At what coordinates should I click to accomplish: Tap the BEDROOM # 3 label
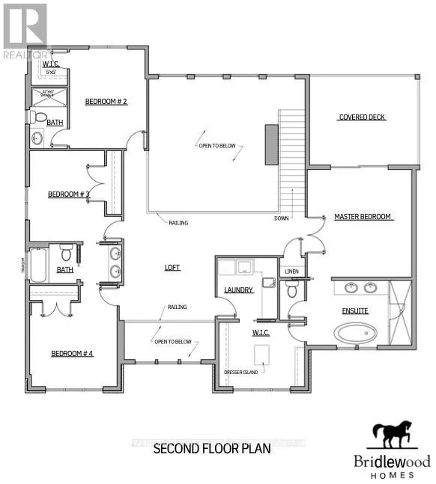[x=69, y=194]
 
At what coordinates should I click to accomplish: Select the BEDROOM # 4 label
[x=72, y=354]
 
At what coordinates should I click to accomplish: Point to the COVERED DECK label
[x=363, y=117]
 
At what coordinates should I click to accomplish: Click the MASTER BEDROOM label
[x=363, y=217]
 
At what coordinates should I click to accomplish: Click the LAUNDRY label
[x=238, y=290]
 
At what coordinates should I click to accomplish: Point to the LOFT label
[x=173, y=267]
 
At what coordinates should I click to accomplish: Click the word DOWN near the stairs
[x=282, y=219]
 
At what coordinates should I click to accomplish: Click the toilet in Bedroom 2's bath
[x=37, y=117]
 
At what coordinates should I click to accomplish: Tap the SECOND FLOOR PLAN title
[x=212, y=450]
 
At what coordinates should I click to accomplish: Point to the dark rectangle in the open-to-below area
[x=270, y=144]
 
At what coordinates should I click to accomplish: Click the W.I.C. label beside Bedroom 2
[x=51, y=64]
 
